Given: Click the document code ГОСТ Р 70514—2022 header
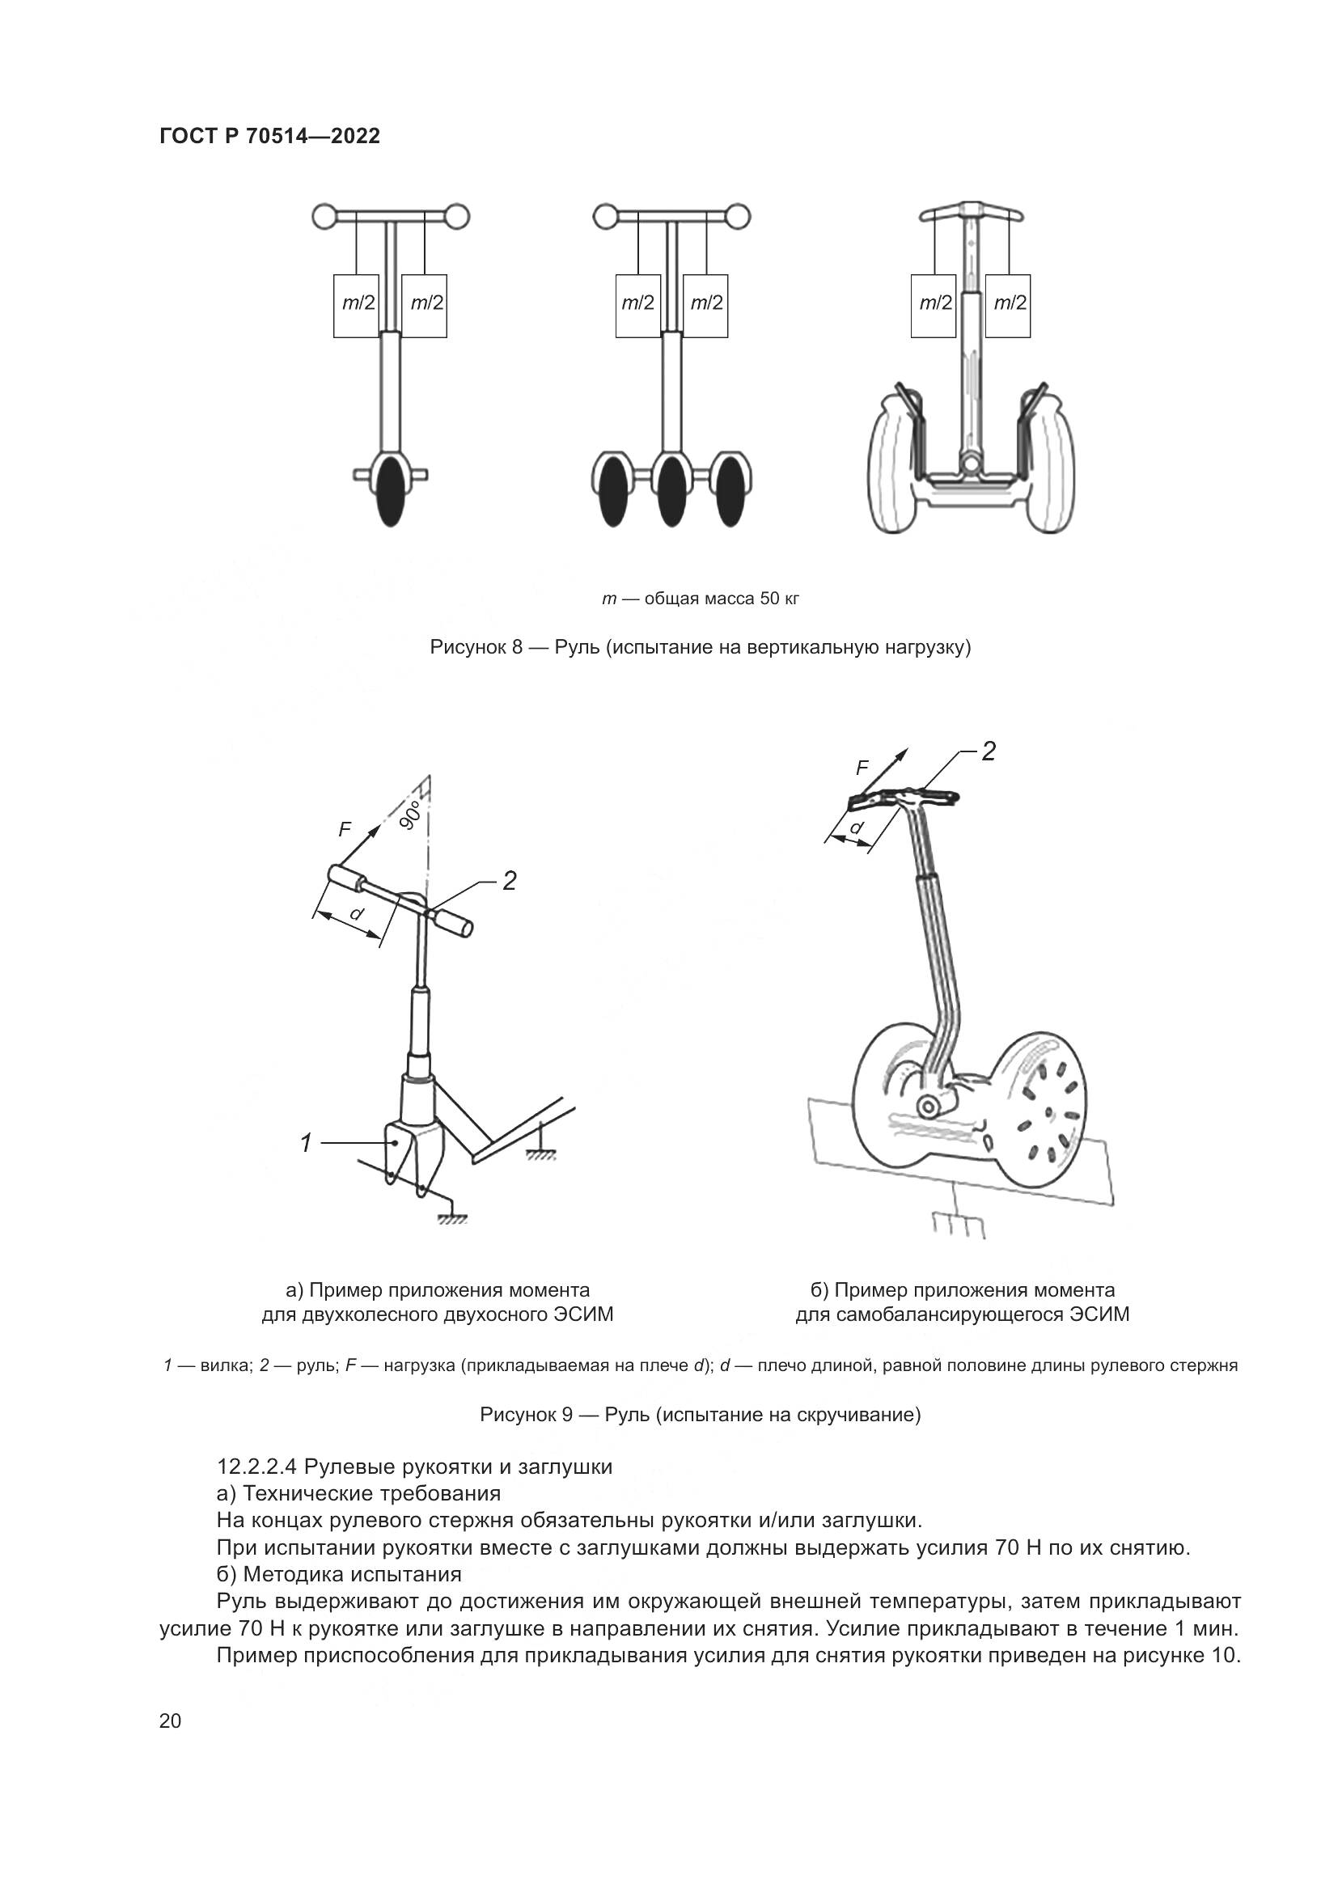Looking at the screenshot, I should (269, 136).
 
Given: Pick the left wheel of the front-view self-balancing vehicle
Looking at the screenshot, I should (893, 465).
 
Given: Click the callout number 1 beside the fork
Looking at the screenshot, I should (307, 1143).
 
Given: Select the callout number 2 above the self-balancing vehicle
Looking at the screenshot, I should (989, 751).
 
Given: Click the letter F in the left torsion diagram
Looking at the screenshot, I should (345, 830).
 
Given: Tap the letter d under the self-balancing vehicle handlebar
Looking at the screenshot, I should (857, 827).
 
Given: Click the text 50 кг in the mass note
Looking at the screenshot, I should (779, 599).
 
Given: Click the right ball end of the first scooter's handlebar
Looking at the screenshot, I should (457, 218).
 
